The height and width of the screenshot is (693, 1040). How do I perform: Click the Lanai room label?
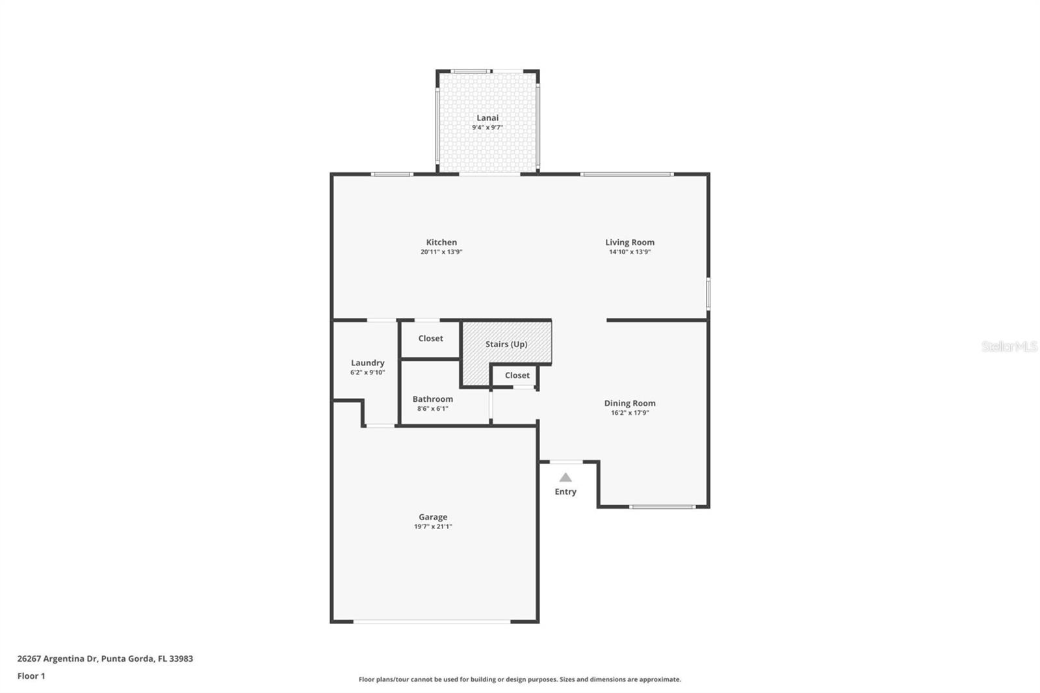(x=487, y=118)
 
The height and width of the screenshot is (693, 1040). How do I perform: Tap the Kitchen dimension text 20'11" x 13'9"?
(x=441, y=252)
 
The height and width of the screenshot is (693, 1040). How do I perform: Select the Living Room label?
(x=630, y=242)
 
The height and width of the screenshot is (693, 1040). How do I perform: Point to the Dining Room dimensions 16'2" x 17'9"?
(x=630, y=413)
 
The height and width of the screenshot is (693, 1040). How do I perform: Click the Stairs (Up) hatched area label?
(x=506, y=344)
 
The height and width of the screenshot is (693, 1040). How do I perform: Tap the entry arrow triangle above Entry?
(x=565, y=478)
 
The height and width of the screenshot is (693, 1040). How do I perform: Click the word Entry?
(x=565, y=491)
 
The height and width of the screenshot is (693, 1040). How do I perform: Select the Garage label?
(x=433, y=517)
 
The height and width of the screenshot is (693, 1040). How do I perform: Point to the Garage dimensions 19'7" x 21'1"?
(x=433, y=527)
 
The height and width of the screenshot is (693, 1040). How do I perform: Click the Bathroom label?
(x=432, y=399)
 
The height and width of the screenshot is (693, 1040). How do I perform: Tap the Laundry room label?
(x=368, y=363)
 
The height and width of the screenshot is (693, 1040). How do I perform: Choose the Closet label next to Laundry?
(x=430, y=338)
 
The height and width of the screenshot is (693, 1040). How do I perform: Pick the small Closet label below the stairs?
(x=517, y=375)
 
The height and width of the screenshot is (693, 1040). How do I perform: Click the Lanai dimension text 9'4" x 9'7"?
(x=487, y=127)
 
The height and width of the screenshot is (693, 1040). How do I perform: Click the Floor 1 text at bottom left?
(x=31, y=676)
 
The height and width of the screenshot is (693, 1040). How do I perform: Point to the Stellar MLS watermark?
(x=1009, y=346)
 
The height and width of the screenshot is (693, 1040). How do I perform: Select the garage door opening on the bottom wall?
(x=432, y=621)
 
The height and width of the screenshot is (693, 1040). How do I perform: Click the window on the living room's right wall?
(x=708, y=294)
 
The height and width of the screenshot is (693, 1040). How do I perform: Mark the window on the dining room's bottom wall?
(x=662, y=506)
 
